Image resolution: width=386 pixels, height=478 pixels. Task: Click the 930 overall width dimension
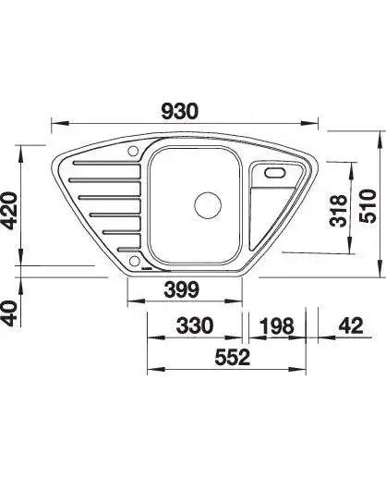coord(180,111)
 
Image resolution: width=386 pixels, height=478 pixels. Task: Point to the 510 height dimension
coord(368,206)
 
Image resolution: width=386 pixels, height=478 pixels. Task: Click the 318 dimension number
coord(338,211)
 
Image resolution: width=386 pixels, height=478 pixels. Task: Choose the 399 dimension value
coord(182,289)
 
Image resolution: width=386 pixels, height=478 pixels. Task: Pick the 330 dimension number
coord(195,325)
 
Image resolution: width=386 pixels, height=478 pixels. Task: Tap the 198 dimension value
coord(277,326)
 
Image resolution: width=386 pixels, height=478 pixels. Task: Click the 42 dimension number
coord(352,325)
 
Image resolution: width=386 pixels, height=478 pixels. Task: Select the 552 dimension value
coord(233,357)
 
